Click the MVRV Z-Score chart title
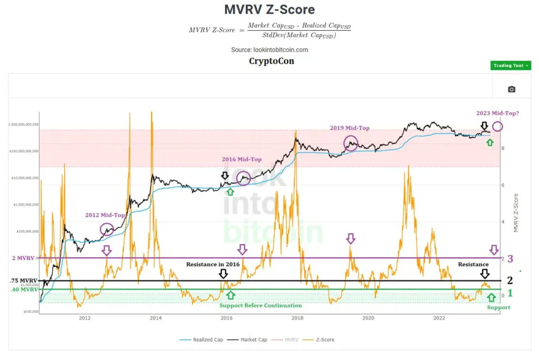tap(269, 9)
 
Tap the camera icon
tap(511, 89)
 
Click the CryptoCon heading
tap(271, 61)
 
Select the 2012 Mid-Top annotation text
tap(105, 214)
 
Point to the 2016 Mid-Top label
tap(242, 159)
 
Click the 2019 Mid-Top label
tap(349, 128)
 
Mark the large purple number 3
tap(510, 258)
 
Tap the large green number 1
tap(510, 292)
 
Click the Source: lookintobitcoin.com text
tap(269, 50)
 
